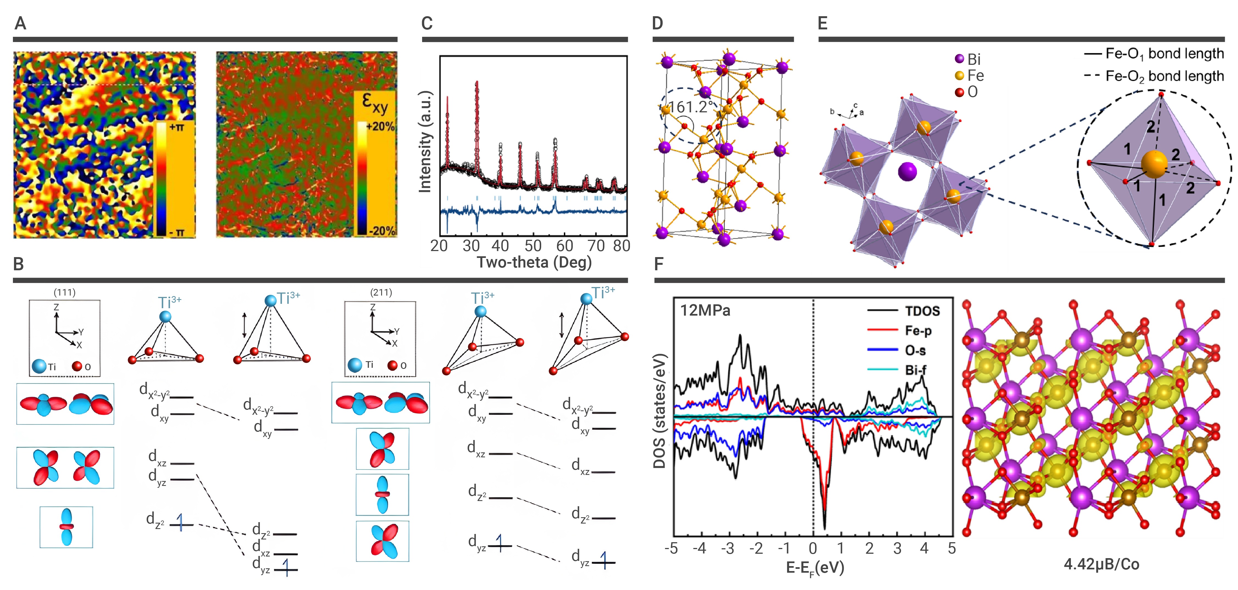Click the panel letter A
pos(20,23)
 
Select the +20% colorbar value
pos(380,127)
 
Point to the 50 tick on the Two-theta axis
pos(533,246)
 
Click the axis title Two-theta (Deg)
pos(534,262)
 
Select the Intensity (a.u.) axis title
pos(425,142)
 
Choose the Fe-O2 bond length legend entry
pos(1153,76)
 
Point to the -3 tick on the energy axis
pos(728,548)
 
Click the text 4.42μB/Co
pos(1101,564)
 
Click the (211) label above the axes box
pos(381,292)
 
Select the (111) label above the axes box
pos(64,292)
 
